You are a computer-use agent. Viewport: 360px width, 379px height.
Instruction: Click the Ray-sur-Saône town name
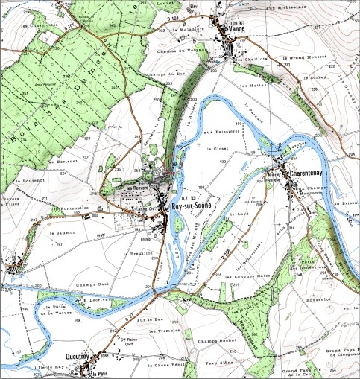pos(192,205)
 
